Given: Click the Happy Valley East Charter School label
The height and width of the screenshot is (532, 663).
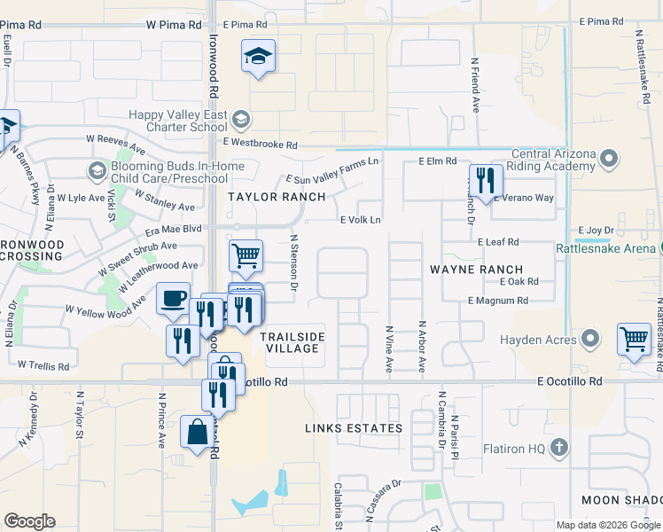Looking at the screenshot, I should coord(177,121).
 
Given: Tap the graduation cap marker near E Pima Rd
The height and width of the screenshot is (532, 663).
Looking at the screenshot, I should coord(258,58).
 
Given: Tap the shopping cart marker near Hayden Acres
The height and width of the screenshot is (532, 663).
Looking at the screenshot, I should coord(635,340).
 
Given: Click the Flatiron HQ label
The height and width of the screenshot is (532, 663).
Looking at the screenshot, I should coord(514,449).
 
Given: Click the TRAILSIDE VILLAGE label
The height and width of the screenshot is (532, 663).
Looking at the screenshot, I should coord(292,342).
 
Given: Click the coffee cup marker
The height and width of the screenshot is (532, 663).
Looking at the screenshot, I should coord(174,299).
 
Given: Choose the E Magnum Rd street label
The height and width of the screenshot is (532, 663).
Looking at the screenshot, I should coord(497,301).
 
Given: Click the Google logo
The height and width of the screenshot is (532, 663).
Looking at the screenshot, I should coord(29,521).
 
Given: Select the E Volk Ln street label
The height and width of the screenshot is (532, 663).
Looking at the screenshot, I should coord(361,221).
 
